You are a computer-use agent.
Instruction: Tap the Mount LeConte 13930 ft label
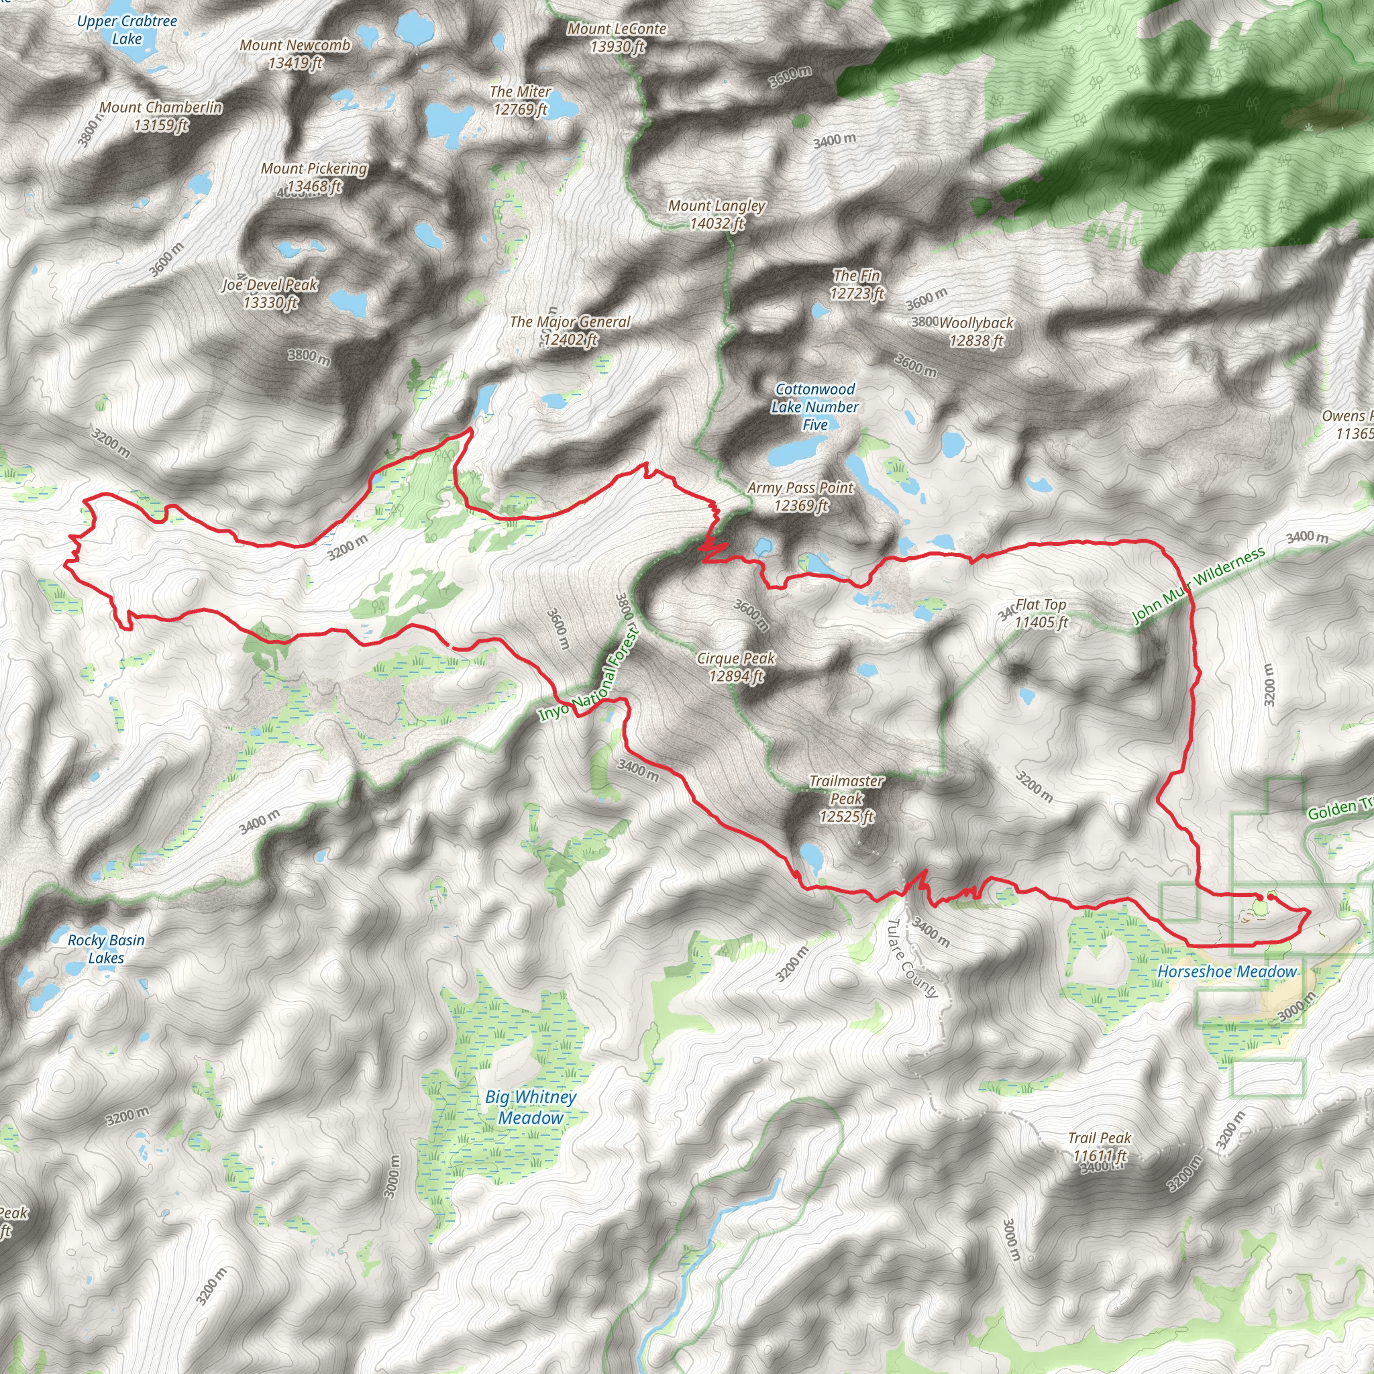[x=617, y=38]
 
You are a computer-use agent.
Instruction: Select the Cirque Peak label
[x=736, y=667]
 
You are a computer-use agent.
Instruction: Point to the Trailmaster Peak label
[x=846, y=798]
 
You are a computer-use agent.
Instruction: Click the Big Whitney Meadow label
[x=531, y=1107]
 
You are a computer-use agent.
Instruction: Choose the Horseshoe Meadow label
[x=1227, y=971]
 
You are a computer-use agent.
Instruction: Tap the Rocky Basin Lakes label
[x=106, y=949]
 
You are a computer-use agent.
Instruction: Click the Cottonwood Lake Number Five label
[x=815, y=407]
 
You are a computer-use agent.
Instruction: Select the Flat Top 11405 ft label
[x=1041, y=613]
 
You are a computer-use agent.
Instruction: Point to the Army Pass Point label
[x=800, y=496]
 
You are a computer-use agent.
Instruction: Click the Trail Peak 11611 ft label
[x=1100, y=1147]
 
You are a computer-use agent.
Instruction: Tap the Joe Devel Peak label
[x=270, y=294]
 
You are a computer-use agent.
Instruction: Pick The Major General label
[x=570, y=331]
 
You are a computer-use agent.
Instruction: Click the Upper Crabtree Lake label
[x=127, y=30]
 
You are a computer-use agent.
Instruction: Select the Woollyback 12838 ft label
[x=975, y=331]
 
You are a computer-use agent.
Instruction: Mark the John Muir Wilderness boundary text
[x=1199, y=584]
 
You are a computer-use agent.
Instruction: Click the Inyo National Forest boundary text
[x=589, y=674]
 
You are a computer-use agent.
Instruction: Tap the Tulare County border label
[x=912, y=958]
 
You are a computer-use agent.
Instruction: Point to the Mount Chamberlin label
[x=161, y=116]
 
